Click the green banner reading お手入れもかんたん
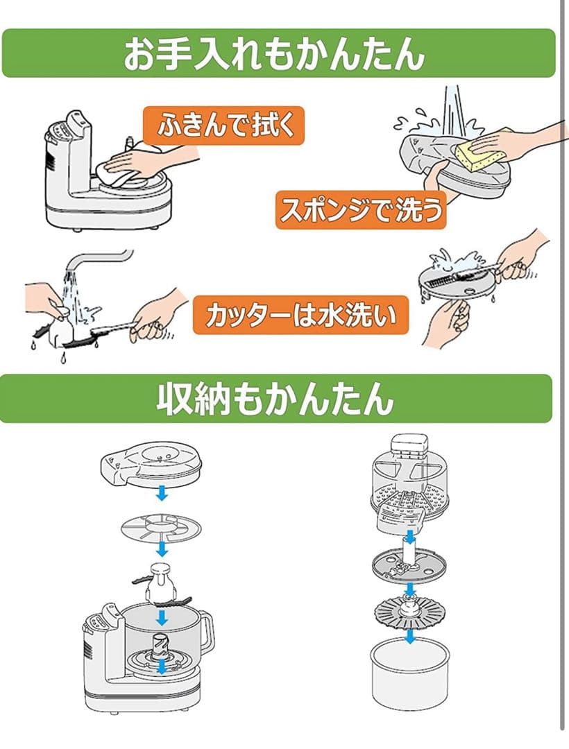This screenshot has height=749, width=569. point(278,53)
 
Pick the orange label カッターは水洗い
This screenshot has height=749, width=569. point(300,316)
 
